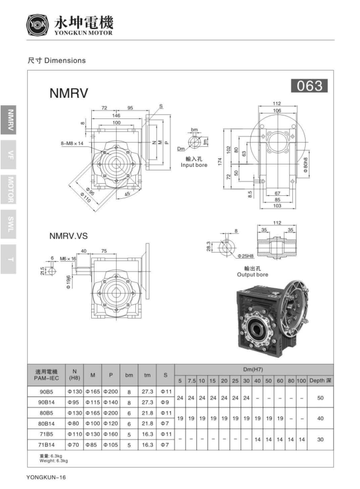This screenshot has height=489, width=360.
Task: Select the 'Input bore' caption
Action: [x=194, y=164]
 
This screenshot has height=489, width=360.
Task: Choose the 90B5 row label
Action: [x=46, y=392]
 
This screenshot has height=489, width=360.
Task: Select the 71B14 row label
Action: [x=46, y=445]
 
